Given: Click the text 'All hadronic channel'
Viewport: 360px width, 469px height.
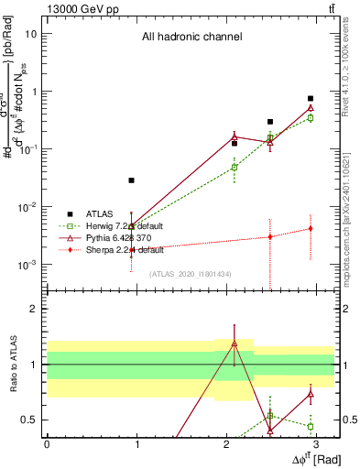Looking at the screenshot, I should point(191,38).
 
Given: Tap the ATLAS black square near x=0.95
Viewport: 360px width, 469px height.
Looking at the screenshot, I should point(132,180).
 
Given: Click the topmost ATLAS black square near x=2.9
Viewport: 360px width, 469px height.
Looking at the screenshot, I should point(311,98).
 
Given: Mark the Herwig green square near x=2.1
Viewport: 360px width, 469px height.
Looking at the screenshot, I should point(235,168).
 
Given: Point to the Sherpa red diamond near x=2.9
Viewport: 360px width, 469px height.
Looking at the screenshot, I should point(311,229).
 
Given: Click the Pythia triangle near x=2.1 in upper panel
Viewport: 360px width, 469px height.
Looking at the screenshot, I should point(235,136).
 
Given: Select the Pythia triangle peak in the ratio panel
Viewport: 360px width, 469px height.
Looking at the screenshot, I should point(235,344).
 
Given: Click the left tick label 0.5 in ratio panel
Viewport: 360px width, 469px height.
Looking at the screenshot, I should point(29,420).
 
